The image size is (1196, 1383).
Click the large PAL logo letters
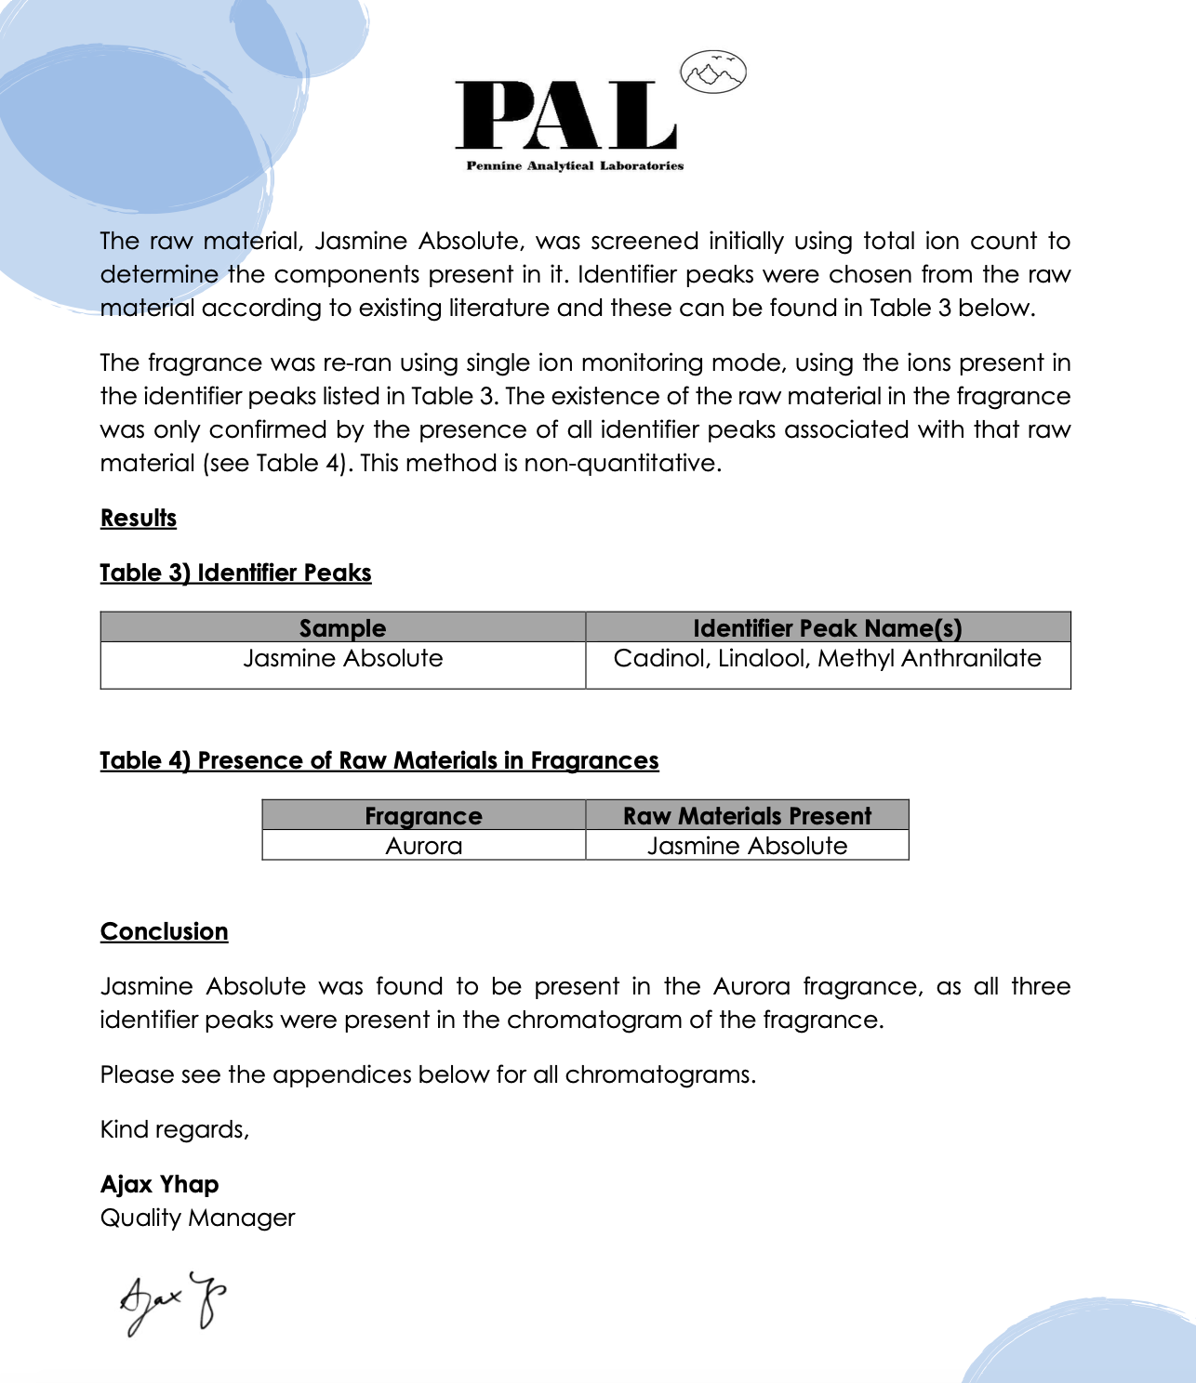565,115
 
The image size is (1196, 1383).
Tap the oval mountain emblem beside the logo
712,72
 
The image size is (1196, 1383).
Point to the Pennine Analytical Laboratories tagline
574,166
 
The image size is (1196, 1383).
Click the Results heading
139,519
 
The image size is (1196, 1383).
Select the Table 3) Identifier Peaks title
235,573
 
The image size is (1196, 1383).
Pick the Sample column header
342,628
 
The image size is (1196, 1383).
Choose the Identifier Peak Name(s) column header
827,628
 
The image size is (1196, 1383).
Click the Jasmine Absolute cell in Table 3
342,659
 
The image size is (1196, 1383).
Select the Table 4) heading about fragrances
379,761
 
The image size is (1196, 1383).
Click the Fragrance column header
423,816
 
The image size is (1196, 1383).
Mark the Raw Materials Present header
747,816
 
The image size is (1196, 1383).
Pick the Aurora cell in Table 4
423,847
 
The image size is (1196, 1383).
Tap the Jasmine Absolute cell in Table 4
747,847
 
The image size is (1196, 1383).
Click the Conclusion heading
164,932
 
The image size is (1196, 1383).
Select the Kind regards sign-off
175,1130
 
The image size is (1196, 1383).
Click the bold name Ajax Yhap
160,1185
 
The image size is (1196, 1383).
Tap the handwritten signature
173,1301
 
